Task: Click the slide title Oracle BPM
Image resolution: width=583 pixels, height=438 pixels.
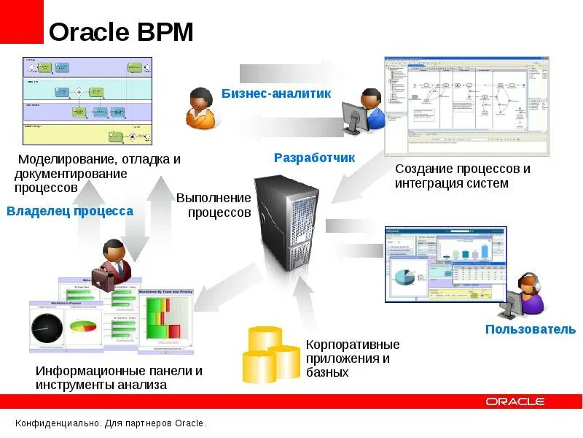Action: pyautogui.click(x=121, y=32)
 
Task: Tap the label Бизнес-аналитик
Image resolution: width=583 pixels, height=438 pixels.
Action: pyautogui.click(x=276, y=93)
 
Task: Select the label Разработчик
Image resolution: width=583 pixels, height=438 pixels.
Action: pyautogui.click(x=314, y=157)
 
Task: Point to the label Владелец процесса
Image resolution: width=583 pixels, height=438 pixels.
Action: pyautogui.click(x=70, y=211)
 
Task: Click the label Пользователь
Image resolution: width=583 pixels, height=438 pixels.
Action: pyautogui.click(x=531, y=329)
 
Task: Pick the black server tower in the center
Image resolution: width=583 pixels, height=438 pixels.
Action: pyautogui.click(x=288, y=223)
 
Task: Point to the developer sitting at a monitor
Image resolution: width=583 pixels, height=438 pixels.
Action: pyautogui.click(x=364, y=111)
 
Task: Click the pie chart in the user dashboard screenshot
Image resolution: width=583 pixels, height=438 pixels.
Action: pyautogui.click(x=405, y=277)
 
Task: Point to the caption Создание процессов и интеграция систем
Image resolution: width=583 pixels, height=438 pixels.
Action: pyautogui.click(x=462, y=176)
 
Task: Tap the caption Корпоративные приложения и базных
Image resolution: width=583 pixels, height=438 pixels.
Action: pyautogui.click(x=352, y=358)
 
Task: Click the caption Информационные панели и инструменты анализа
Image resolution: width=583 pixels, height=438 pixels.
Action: pyautogui.click(x=119, y=377)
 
